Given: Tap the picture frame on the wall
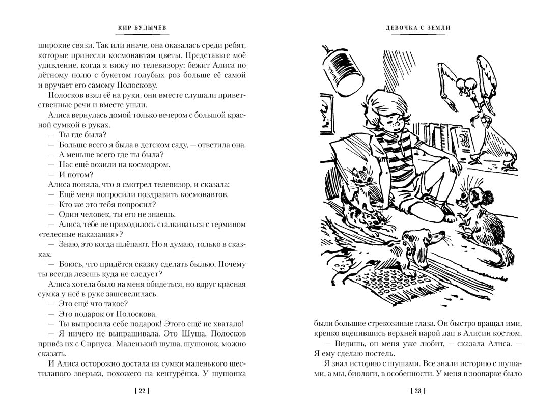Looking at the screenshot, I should point(324,117).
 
